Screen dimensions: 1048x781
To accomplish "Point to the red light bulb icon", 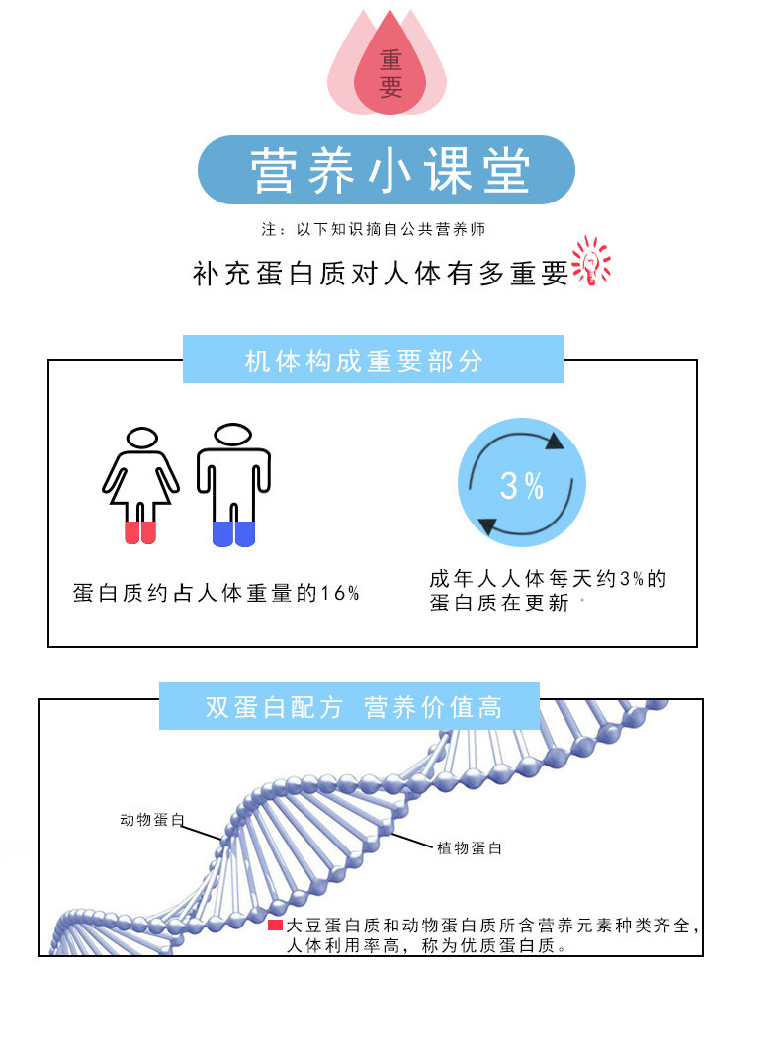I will click(x=591, y=262).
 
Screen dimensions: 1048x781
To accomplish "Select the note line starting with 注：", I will click(x=374, y=229).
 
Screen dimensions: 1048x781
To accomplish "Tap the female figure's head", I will click(x=142, y=438).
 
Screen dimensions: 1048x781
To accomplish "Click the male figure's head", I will click(x=233, y=435).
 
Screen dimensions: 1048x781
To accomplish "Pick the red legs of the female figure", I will click(x=140, y=532).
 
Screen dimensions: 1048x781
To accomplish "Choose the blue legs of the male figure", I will click(x=234, y=533).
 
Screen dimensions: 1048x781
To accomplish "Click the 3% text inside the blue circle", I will click(x=522, y=485).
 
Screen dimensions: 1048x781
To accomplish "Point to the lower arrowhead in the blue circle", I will click(x=487, y=526).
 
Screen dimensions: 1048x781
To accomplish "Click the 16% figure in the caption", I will click(x=341, y=594).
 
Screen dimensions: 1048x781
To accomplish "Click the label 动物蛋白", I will click(x=152, y=820).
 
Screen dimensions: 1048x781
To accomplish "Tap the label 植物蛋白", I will click(x=470, y=847).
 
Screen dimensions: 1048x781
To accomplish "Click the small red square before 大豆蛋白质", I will click(x=275, y=926).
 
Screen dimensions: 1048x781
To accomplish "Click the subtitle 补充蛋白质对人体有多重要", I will click(x=381, y=273).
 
